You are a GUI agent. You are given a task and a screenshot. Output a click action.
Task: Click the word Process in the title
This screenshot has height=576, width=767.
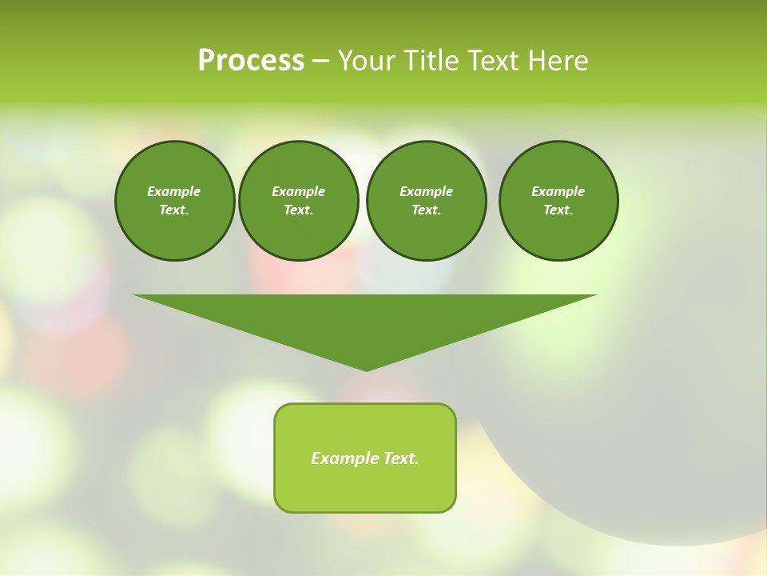click(x=251, y=61)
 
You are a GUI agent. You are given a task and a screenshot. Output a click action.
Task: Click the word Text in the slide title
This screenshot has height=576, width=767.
click(x=492, y=61)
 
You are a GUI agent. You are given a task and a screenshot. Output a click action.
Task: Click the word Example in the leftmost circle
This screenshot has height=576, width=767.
click(x=174, y=191)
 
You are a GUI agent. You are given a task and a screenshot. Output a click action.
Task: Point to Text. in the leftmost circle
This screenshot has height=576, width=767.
click(x=174, y=210)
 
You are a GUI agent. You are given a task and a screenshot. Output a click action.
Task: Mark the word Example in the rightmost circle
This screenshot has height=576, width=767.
click(x=558, y=191)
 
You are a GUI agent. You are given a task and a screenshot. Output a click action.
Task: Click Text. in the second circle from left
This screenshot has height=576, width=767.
click(x=298, y=210)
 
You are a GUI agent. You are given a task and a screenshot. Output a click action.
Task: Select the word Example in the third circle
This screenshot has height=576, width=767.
click(x=426, y=191)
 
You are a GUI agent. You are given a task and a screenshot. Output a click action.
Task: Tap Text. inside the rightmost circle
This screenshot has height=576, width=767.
click(x=558, y=210)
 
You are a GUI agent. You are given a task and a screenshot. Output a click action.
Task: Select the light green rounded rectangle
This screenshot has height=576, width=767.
click(x=365, y=488)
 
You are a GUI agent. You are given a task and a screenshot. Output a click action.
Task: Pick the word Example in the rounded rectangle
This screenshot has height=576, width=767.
click(x=345, y=458)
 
